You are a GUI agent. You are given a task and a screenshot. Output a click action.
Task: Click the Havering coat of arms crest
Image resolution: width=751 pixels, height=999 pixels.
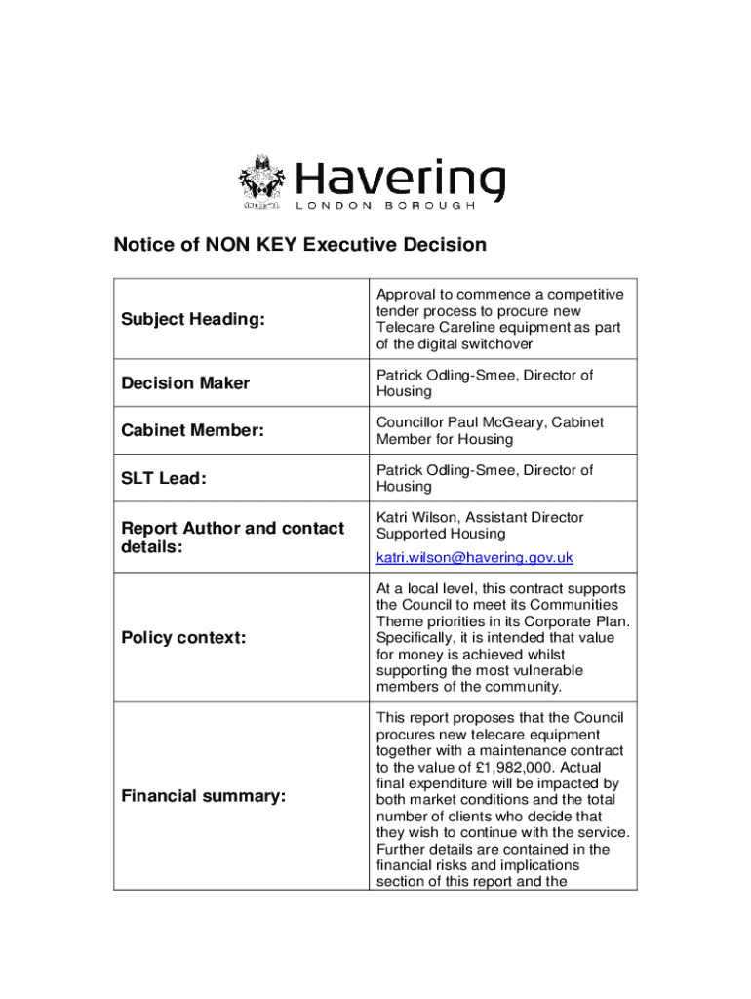pyautogui.click(x=261, y=181)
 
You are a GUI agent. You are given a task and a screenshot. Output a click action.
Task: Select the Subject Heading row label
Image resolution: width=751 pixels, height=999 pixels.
pyautogui.click(x=192, y=319)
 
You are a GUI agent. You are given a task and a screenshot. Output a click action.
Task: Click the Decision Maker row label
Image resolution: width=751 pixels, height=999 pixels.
pyautogui.click(x=185, y=383)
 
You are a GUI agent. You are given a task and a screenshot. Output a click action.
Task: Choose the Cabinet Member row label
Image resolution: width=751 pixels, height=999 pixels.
pyautogui.click(x=192, y=430)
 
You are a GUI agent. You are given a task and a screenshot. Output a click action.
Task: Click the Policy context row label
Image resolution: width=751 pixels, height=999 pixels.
pyautogui.click(x=183, y=638)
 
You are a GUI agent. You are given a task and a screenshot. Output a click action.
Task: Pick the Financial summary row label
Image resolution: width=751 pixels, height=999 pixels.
pyautogui.click(x=203, y=796)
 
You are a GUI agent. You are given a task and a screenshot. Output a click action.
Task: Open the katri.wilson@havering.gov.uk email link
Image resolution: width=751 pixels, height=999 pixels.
pyautogui.click(x=475, y=558)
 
